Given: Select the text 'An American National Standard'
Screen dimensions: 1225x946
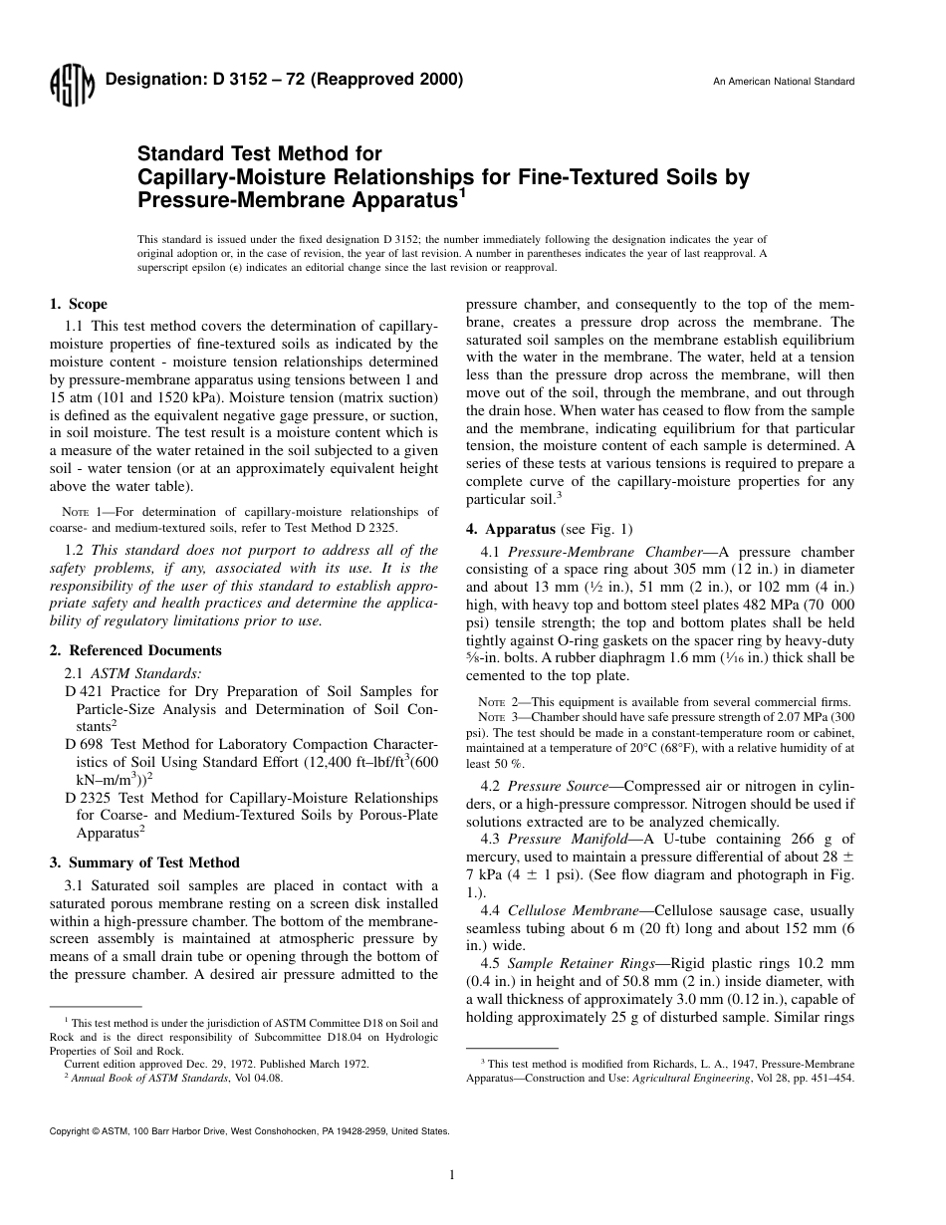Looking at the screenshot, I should pos(783,82).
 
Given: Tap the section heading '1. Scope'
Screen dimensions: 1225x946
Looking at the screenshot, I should pos(79,304).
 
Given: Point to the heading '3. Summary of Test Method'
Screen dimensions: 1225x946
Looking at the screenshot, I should pos(144,862).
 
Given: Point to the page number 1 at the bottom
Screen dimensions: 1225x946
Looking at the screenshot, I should pos(452,1175).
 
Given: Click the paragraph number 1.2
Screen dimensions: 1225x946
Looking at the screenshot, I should pos(74,549).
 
